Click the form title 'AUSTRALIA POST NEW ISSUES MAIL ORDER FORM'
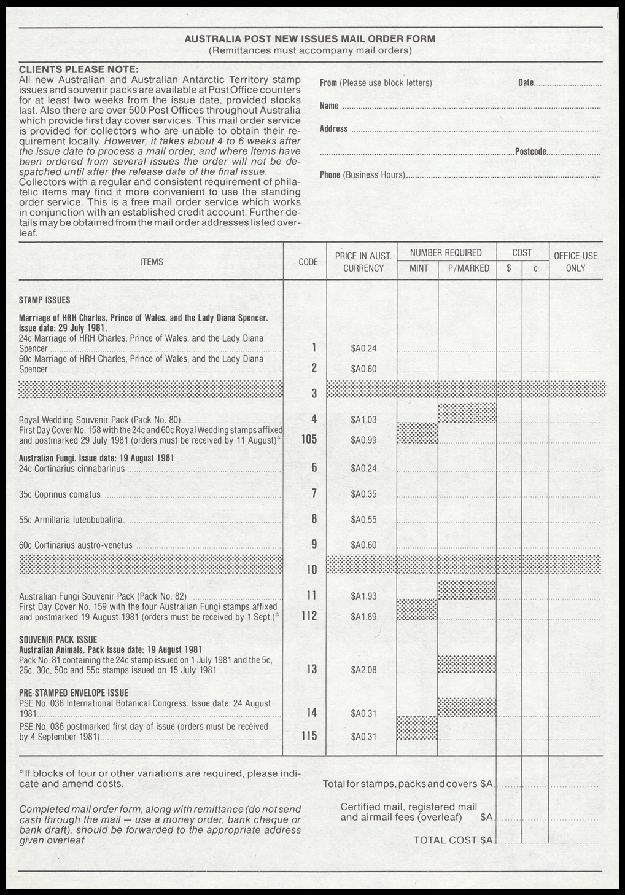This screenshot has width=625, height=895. (310, 39)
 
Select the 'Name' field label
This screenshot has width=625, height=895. (329, 106)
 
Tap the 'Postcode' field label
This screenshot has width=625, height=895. (530, 152)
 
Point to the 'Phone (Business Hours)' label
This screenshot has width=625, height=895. (362, 175)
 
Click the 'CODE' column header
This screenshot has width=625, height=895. (308, 262)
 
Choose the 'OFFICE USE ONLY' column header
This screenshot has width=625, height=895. (575, 262)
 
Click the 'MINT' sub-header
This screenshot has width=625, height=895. (419, 268)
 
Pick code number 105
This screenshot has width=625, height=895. (309, 439)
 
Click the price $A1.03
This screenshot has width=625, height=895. (363, 420)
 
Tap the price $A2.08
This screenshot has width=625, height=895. (363, 670)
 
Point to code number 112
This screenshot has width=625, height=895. (309, 616)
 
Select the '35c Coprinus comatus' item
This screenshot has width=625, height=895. (60, 494)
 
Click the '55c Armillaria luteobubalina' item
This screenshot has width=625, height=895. (71, 520)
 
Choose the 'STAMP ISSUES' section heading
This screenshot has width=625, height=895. (44, 300)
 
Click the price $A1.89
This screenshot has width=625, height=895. (363, 616)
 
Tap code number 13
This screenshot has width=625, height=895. (311, 669)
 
